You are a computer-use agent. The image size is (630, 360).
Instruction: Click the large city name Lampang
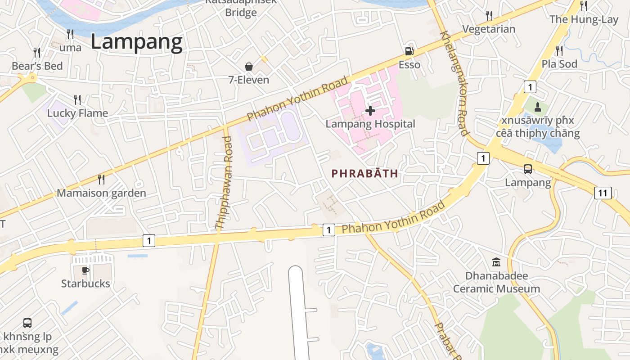click(136, 42)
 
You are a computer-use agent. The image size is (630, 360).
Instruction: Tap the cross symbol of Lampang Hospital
click(370, 110)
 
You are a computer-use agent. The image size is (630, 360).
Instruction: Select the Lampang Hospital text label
click(370, 124)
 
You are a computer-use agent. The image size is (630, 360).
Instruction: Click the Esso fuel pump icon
click(409, 51)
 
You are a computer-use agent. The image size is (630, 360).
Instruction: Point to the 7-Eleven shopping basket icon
click(248, 67)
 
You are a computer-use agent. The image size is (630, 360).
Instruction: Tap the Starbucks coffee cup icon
click(85, 270)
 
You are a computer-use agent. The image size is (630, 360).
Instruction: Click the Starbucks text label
click(85, 283)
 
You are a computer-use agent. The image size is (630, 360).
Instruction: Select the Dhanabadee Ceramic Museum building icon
click(496, 262)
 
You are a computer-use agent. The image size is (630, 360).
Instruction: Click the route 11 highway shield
click(603, 193)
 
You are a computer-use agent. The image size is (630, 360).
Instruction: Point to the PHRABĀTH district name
click(365, 173)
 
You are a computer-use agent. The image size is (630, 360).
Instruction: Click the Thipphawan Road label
click(224, 183)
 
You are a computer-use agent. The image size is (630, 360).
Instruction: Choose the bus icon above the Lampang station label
click(528, 169)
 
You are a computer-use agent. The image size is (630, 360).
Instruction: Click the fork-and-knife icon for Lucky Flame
click(77, 99)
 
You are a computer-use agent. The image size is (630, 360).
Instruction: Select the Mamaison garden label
click(101, 193)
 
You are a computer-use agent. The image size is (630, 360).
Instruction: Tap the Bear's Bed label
click(37, 66)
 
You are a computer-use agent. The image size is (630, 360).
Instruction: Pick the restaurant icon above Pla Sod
click(559, 50)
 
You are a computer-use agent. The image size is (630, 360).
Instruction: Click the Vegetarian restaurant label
click(489, 29)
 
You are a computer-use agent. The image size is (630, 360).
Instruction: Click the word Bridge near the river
click(241, 12)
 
